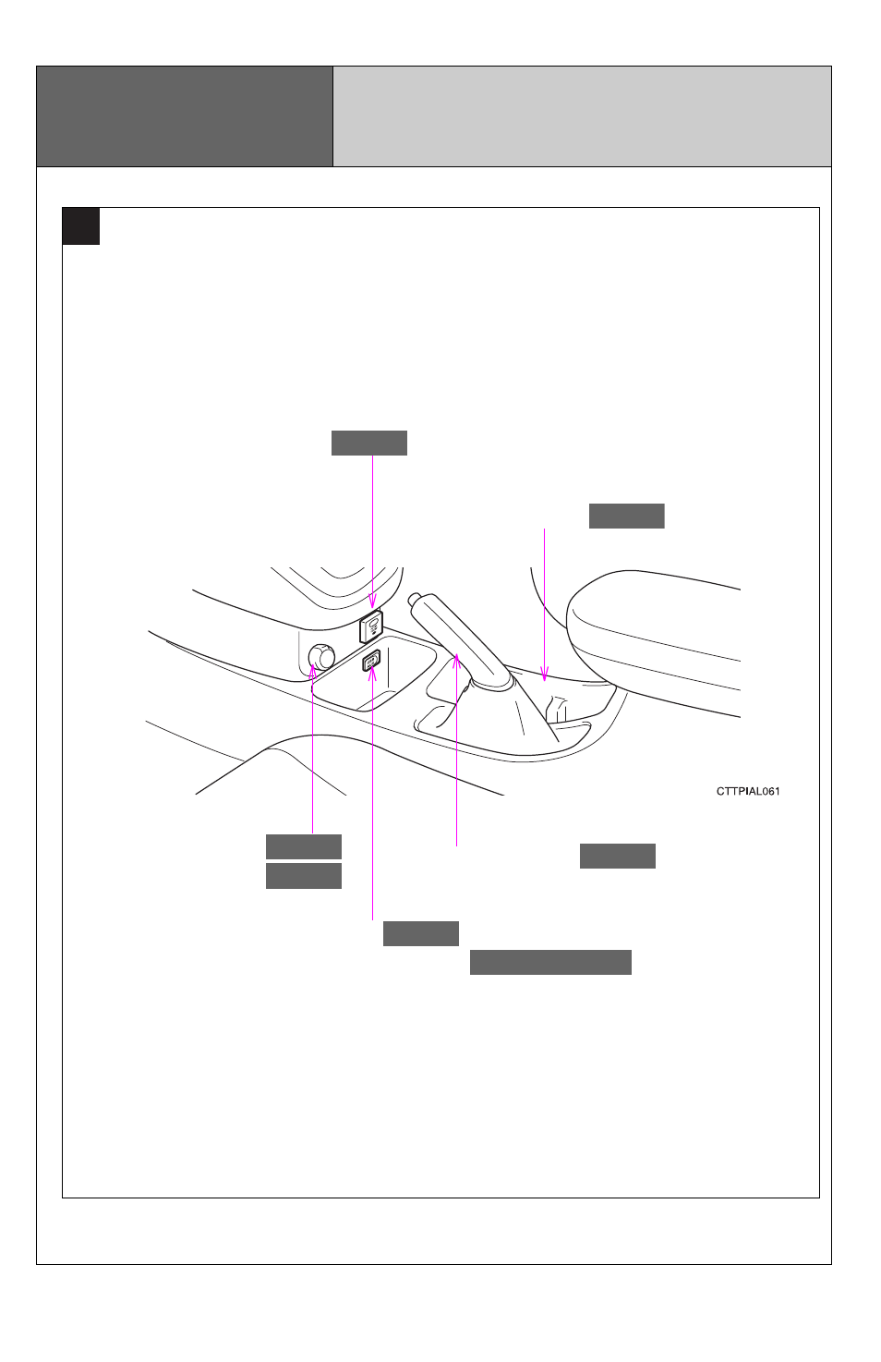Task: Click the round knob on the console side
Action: pyautogui.click(x=321, y=657)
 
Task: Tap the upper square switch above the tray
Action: pyautogui.click(x=371, y=626)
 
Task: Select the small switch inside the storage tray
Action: pyautogui.click(x=371, y=661)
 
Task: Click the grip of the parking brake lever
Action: pyautogui.click(x=450, y=632)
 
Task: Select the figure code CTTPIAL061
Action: pyautogui.click(x=748, y=791)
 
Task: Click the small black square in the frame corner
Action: pyautogui.click(x=81, y=226)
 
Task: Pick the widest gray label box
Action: pyautogui.click(x=550, y=962)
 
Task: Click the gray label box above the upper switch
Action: pyautogui.click(x=369, y=443)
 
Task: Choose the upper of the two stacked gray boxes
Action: pyautogui.click(x=304, y=846)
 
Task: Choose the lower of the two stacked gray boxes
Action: pyautogui.click(x=304, y=876)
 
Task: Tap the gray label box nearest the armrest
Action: pyautogui.click(x=627, y=516)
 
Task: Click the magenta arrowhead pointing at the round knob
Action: pyautogui.click(x=312, y=671)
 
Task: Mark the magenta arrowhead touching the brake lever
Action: pyautogui.click(x=456, y=661)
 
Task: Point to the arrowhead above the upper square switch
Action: pyautogui.click(x=372, y=602)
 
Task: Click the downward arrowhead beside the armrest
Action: pyautogui.click(x=545, y=675)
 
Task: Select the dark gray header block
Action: pyautogui.click(x=185, y=116)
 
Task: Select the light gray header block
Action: pyautogui.click(x=582, y=116)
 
